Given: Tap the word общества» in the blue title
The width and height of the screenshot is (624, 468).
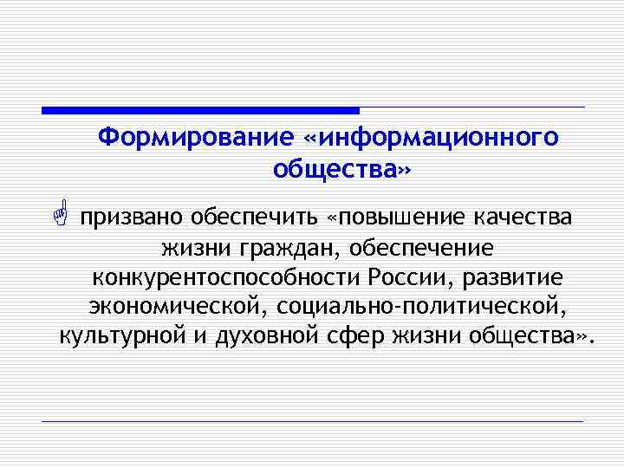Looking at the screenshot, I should pos(339,169).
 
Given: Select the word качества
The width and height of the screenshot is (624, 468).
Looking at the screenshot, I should pos(522,216).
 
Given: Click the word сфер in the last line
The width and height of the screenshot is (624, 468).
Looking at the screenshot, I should pos(353,337).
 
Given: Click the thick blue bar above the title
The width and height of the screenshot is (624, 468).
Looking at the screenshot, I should pos(200,110).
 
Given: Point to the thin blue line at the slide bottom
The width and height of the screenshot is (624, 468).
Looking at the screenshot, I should pos(312,421).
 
